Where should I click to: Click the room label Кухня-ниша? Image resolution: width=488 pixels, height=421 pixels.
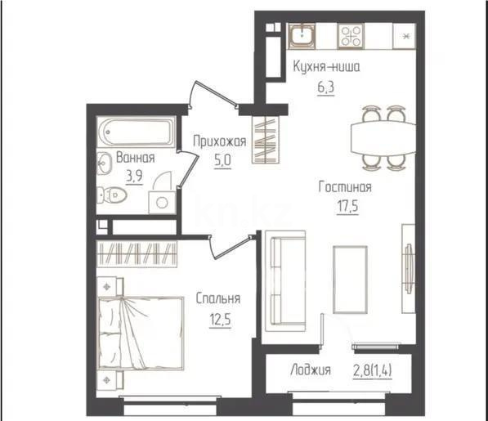326,66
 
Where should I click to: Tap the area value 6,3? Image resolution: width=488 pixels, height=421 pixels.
326,83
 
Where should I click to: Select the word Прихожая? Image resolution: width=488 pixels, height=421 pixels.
219,141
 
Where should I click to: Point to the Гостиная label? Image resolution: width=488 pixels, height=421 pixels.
345,186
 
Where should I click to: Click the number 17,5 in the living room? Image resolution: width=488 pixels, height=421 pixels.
345,204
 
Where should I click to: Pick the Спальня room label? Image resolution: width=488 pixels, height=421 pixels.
217,299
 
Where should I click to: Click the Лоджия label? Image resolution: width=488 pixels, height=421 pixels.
310,371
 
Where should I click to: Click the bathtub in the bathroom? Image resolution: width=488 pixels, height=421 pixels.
136,131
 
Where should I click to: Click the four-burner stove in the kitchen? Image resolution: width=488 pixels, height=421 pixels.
352,35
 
